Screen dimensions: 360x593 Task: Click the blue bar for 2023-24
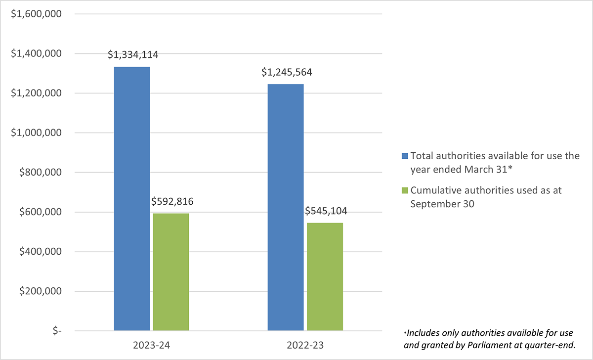(x=132, y=198)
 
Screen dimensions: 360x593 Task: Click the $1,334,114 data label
(x=133, y=55)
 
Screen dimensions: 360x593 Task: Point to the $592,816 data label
(x=172, y=201)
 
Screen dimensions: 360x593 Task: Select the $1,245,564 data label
(x=287, y=73)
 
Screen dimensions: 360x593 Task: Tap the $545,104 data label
(x=326, y=211)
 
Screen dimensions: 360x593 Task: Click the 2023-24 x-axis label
(x=152, y=345)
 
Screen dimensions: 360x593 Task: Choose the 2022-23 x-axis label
(x=305, y=345)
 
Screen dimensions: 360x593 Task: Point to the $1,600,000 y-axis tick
(x=36, y=14)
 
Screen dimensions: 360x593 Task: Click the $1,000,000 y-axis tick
(x=36, y=133)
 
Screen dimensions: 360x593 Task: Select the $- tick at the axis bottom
(x=53, y=331)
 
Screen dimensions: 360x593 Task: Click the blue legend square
(x=405, y=156)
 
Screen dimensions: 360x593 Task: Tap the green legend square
(x=405, y=190)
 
